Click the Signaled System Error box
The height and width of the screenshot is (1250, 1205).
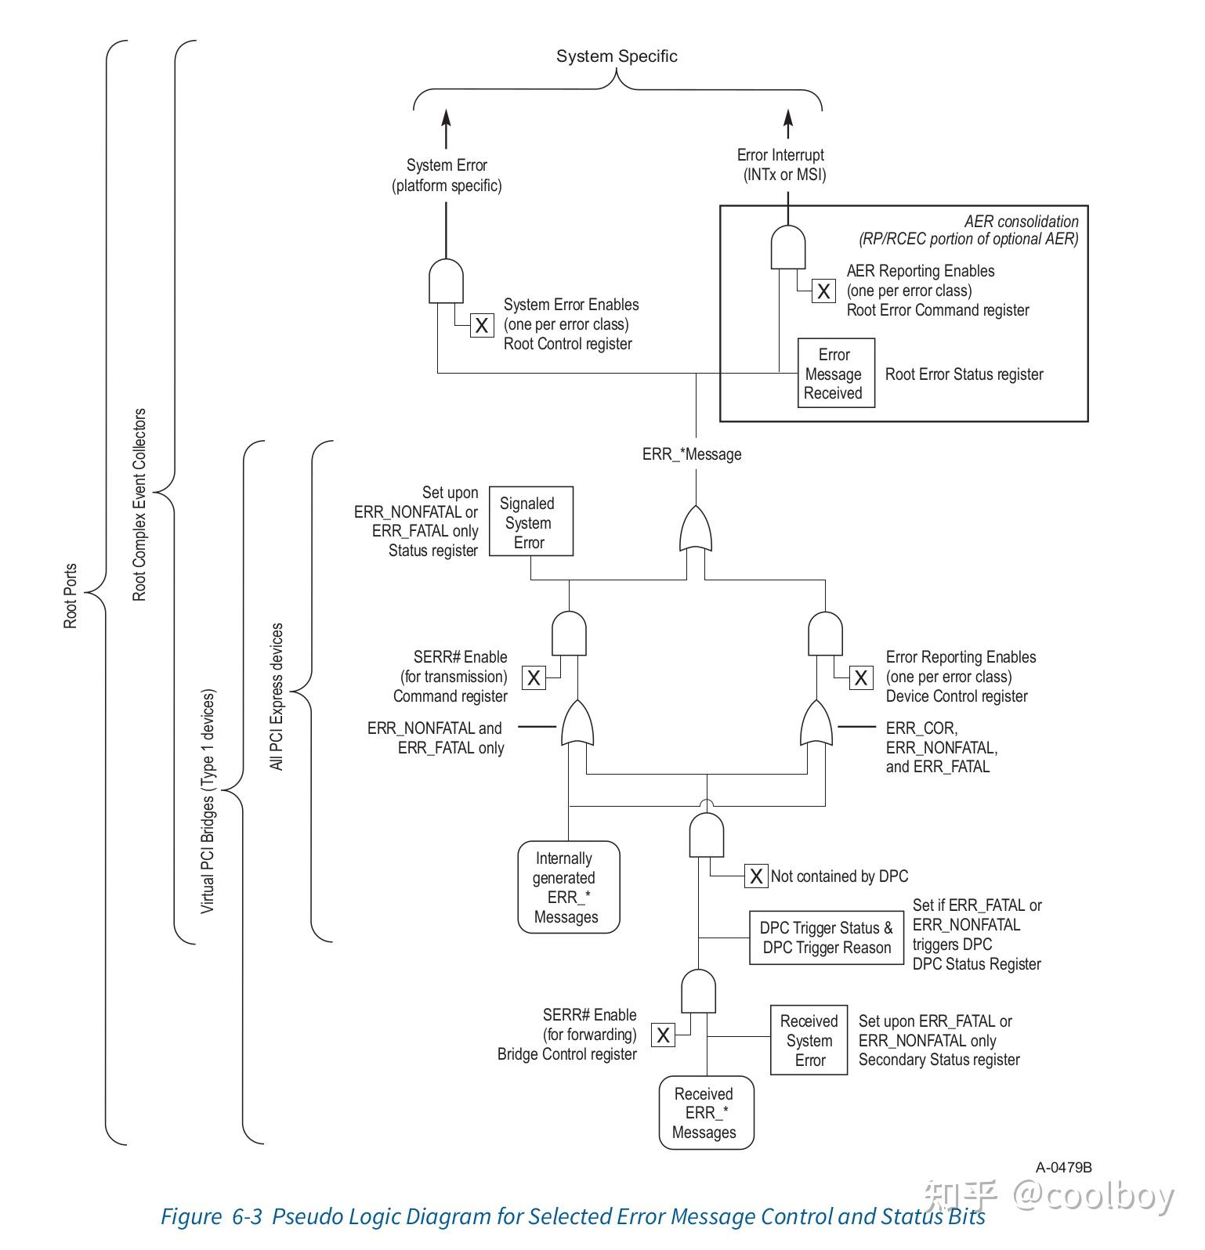530,522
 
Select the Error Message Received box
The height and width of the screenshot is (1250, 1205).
835,373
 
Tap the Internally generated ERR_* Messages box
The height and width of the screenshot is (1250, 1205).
568,887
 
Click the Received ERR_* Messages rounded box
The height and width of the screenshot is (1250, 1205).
706,1113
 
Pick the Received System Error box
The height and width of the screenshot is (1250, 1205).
809,1040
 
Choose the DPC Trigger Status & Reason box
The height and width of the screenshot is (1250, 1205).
826,937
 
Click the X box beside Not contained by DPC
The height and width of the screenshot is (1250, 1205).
755,876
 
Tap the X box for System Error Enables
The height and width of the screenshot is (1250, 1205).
482,325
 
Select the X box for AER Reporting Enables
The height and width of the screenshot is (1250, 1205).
823,291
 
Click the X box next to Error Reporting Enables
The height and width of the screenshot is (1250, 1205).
861,677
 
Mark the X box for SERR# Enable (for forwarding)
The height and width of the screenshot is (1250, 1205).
663,1035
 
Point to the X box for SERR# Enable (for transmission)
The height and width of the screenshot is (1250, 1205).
534,677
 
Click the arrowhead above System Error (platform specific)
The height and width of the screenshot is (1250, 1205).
447,118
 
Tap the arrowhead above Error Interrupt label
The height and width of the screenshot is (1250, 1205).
788,118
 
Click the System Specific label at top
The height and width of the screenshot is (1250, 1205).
617,56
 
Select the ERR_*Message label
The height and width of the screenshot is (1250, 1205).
692,454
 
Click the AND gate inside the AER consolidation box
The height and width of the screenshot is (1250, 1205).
788,247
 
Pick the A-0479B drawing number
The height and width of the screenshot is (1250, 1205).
1063,1168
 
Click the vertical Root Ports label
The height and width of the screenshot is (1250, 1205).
71,596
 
